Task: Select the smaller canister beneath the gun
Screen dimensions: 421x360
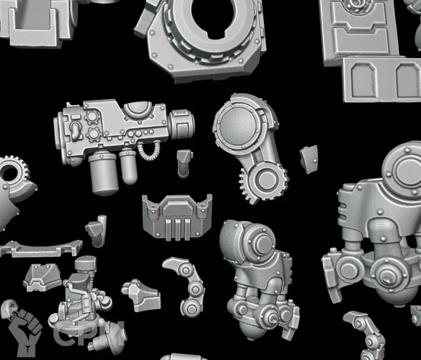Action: click(128, 167)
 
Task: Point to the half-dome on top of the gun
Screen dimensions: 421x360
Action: click(139, 110)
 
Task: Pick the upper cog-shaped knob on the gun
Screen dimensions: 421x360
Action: click(92, 117)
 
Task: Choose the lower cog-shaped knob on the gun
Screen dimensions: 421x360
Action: click(94, 134)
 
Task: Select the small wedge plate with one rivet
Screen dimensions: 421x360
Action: click(309, 159)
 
